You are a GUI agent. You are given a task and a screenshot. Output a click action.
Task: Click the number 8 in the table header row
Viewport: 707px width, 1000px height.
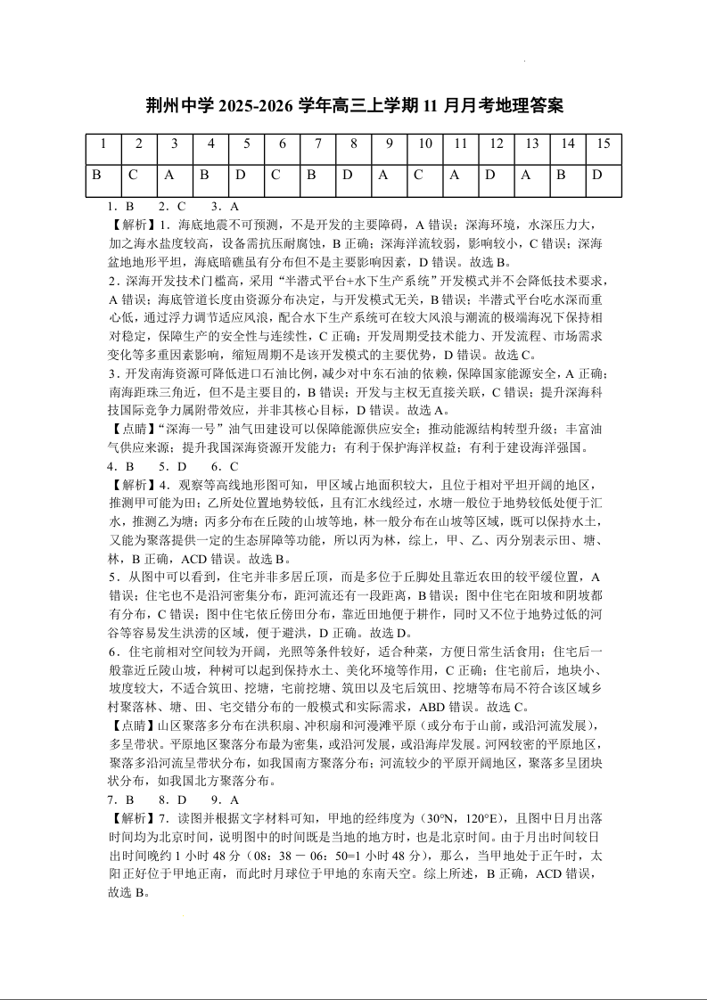353,143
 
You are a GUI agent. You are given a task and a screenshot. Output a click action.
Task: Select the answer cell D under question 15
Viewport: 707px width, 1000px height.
598,175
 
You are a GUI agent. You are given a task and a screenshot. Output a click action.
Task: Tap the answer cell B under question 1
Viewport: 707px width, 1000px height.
96,175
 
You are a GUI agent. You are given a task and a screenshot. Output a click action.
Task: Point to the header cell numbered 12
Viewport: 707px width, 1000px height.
497,143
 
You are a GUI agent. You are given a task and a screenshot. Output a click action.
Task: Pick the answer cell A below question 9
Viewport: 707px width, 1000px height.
383,175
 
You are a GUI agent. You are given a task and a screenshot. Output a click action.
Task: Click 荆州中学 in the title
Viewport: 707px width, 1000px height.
180,106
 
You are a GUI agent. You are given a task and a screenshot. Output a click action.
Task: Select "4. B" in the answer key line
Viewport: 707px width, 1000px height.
120,466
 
